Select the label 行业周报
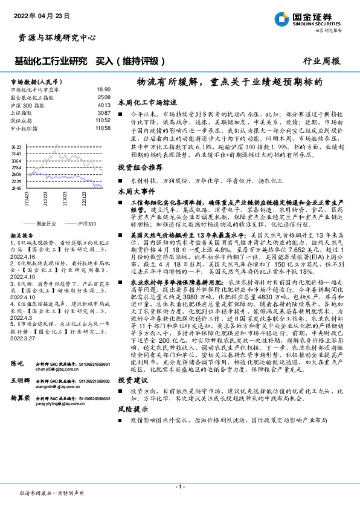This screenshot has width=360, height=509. point(322,61)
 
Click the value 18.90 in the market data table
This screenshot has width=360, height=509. point(103,89)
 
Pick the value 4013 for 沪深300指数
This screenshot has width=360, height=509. point(104,105)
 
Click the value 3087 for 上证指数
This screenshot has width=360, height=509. point(104,112)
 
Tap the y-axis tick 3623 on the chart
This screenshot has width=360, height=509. point(16,147)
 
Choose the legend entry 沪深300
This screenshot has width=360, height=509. point(86,223)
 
